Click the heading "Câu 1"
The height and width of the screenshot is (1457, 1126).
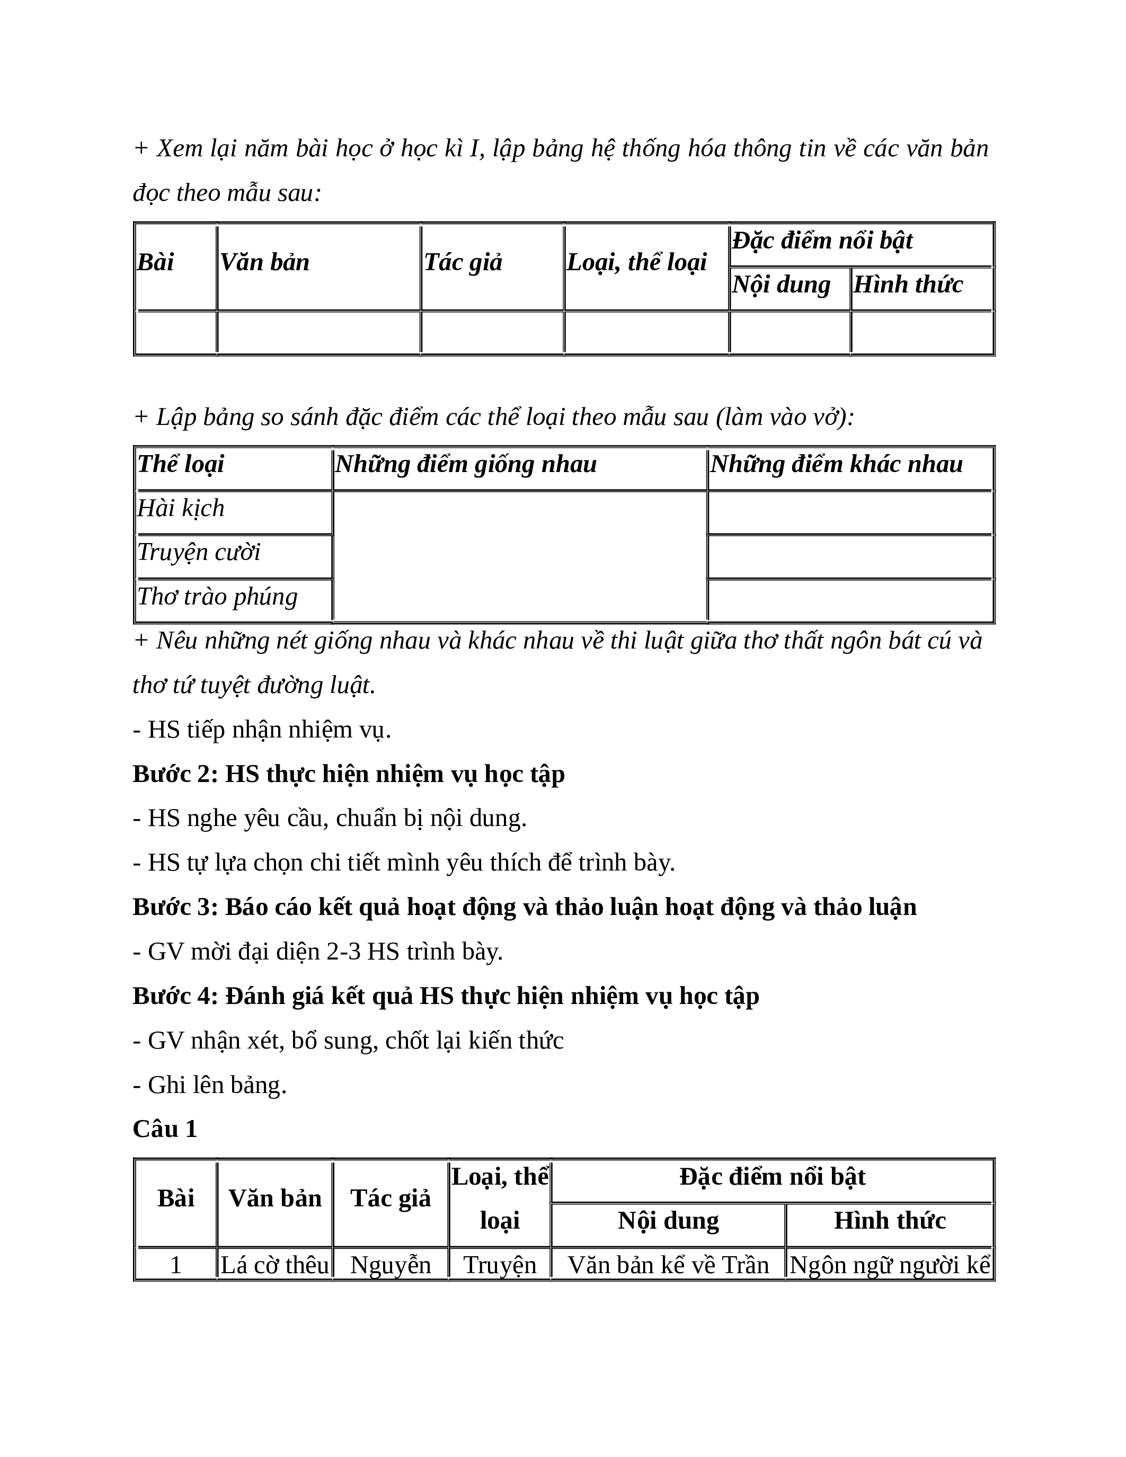[x=165, y=1129]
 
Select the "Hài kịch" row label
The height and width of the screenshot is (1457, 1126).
[x=181, y=508]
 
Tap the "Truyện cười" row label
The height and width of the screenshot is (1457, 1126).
[x=198, y=553]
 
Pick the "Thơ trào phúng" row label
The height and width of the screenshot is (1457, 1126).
[x=217, y=597]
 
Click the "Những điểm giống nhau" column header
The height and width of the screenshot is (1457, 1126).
[x=466, y=464]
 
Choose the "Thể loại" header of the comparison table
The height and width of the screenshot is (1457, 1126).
[x=181, y=464]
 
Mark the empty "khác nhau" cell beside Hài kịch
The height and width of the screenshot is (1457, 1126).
[x=850, y=513]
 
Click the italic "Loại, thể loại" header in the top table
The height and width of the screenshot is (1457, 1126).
[x=636, y=263]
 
